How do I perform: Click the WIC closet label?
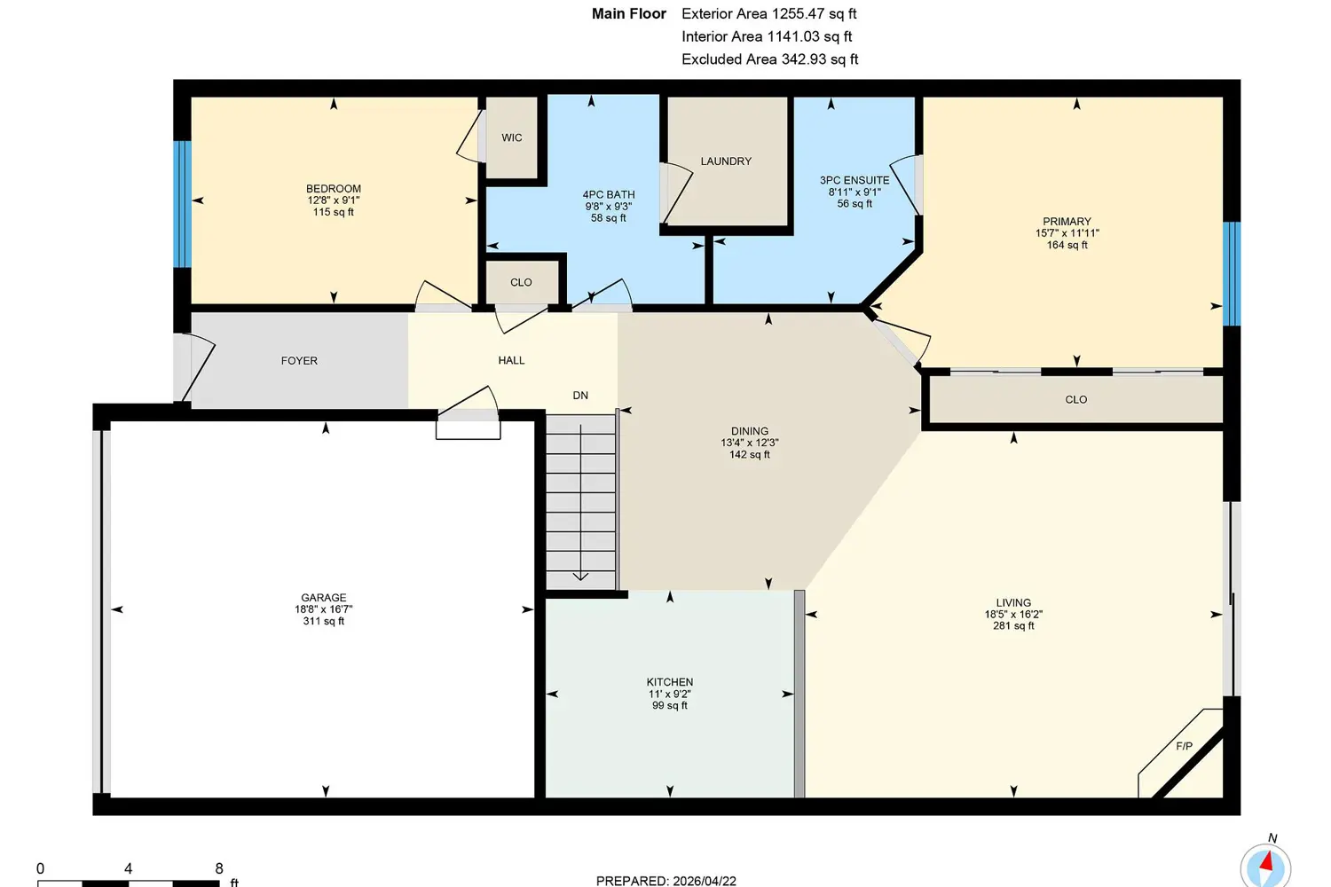point(512,137)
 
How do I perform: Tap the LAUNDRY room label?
point(726,161)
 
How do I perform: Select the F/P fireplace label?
point(1185,746)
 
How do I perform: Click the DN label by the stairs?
point(580,395)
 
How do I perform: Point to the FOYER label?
point(300,361)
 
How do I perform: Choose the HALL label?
point(512,360)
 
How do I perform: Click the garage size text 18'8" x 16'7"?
point(324,609)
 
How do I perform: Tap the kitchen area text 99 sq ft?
point(670,705)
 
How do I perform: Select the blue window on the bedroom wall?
point(183,204)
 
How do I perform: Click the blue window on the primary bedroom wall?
point(1232,274)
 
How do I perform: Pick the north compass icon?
point(1265,865)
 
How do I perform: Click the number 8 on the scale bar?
point(219,868)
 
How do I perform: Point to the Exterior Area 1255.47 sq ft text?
point(769,13)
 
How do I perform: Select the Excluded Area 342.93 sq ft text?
point(769,59)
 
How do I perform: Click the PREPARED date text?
point(666,881)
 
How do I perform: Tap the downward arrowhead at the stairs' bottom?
point(580,577)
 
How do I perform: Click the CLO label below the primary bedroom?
point(1076,400)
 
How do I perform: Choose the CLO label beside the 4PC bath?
point(521,282)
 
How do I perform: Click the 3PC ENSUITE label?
point(855,180)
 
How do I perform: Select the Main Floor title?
point(628,13)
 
